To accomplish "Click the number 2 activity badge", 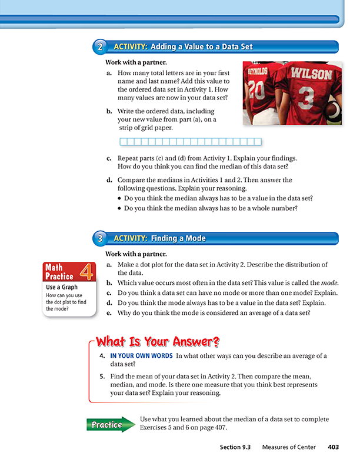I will (101, 46).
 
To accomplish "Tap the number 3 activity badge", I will (101, 238).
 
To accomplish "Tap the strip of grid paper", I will (191, 142).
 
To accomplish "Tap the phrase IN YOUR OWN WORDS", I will (141, 356).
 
